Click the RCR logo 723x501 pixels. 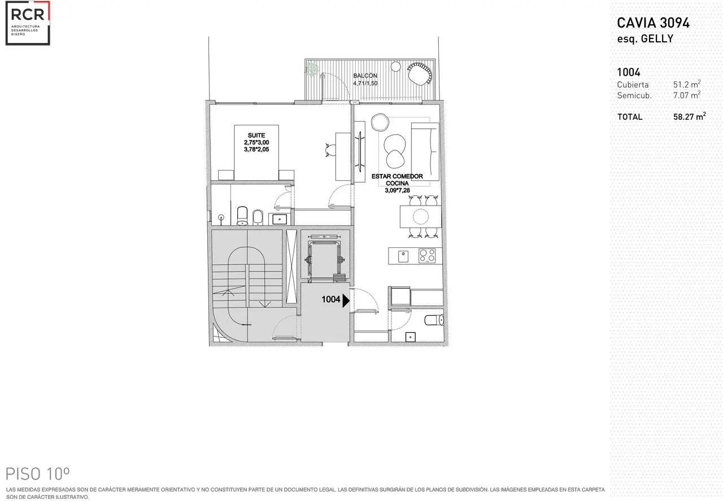click(28, 23)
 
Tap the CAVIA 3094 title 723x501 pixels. click(654, 23)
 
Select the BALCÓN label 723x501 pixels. click(365, 76)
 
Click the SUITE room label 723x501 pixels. click(256, 135)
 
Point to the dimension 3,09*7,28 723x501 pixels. click(397, 190)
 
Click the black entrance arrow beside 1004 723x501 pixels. click(346, 300)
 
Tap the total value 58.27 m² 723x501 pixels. click(690, 116)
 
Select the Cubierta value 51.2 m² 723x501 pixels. click(686, 84)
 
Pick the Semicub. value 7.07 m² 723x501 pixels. click(686, 95)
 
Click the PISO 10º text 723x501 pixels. click(38, 474)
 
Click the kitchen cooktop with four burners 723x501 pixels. click(427, 256)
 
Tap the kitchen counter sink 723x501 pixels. click(403, 256)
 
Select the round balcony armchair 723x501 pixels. click(419, 74)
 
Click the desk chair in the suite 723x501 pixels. click(330, 150)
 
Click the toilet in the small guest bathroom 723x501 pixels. click(434, 320)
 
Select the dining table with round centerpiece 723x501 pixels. click(421, 216)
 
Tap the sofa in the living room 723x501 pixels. click(425, 151)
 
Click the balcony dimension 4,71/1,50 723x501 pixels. click(365, 83)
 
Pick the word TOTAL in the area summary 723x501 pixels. click(630, 117)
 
